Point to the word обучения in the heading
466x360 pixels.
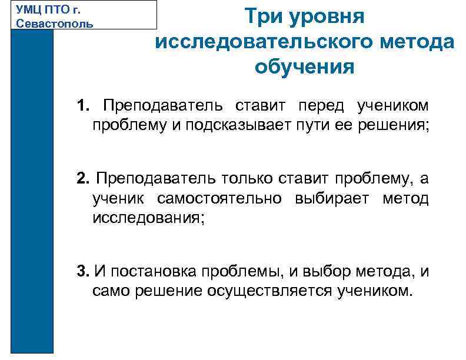click(305, 67)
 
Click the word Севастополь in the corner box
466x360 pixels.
click(55, 24)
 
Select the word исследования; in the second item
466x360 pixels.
click(149, 218)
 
